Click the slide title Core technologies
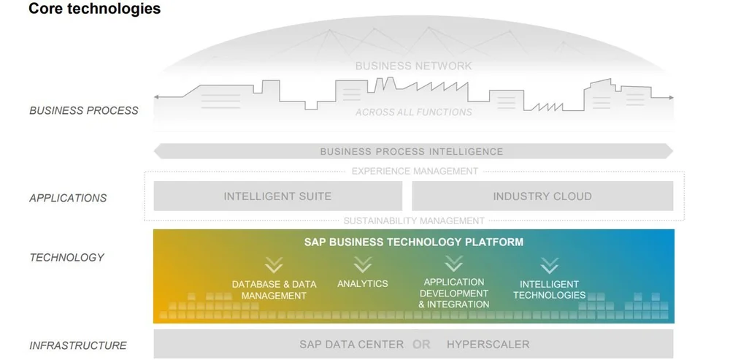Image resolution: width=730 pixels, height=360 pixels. (x=94, y=9)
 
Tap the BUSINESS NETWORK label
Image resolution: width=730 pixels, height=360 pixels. (x=413, y=66)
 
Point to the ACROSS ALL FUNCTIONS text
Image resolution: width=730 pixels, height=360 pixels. (x=413, y=112)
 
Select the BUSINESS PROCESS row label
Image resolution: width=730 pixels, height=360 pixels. (x=83, y=110)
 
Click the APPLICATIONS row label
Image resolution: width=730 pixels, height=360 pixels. (x=68, y=198)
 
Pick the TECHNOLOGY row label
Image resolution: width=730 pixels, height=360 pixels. (x=66, y=257)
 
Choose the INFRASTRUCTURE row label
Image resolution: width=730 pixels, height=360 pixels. (x=78, y=345)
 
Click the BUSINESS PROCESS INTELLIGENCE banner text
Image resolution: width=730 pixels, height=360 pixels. (x=412, y=152)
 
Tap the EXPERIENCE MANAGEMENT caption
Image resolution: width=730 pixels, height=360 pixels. (x=415, y=171)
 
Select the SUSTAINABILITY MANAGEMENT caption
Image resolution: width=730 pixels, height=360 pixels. (x=414, y=221)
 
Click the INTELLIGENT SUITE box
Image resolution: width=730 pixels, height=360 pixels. (x=277, y=196)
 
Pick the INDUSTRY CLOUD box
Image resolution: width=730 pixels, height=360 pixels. (x=542, y=196)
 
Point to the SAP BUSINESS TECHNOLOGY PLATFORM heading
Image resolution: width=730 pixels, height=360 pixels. (x=414, y=242)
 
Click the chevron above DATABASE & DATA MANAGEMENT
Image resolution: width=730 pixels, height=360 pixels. (x=274, y=264)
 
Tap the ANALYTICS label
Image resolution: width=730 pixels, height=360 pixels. (x=363, y=283)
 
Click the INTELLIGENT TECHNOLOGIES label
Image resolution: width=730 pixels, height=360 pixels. (x=549, y=290)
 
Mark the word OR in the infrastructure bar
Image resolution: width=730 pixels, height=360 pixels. (x=421, y=344)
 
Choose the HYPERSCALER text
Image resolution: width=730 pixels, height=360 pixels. (x=488, y=344)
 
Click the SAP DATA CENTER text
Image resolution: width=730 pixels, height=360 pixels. (x=351, y=344)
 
